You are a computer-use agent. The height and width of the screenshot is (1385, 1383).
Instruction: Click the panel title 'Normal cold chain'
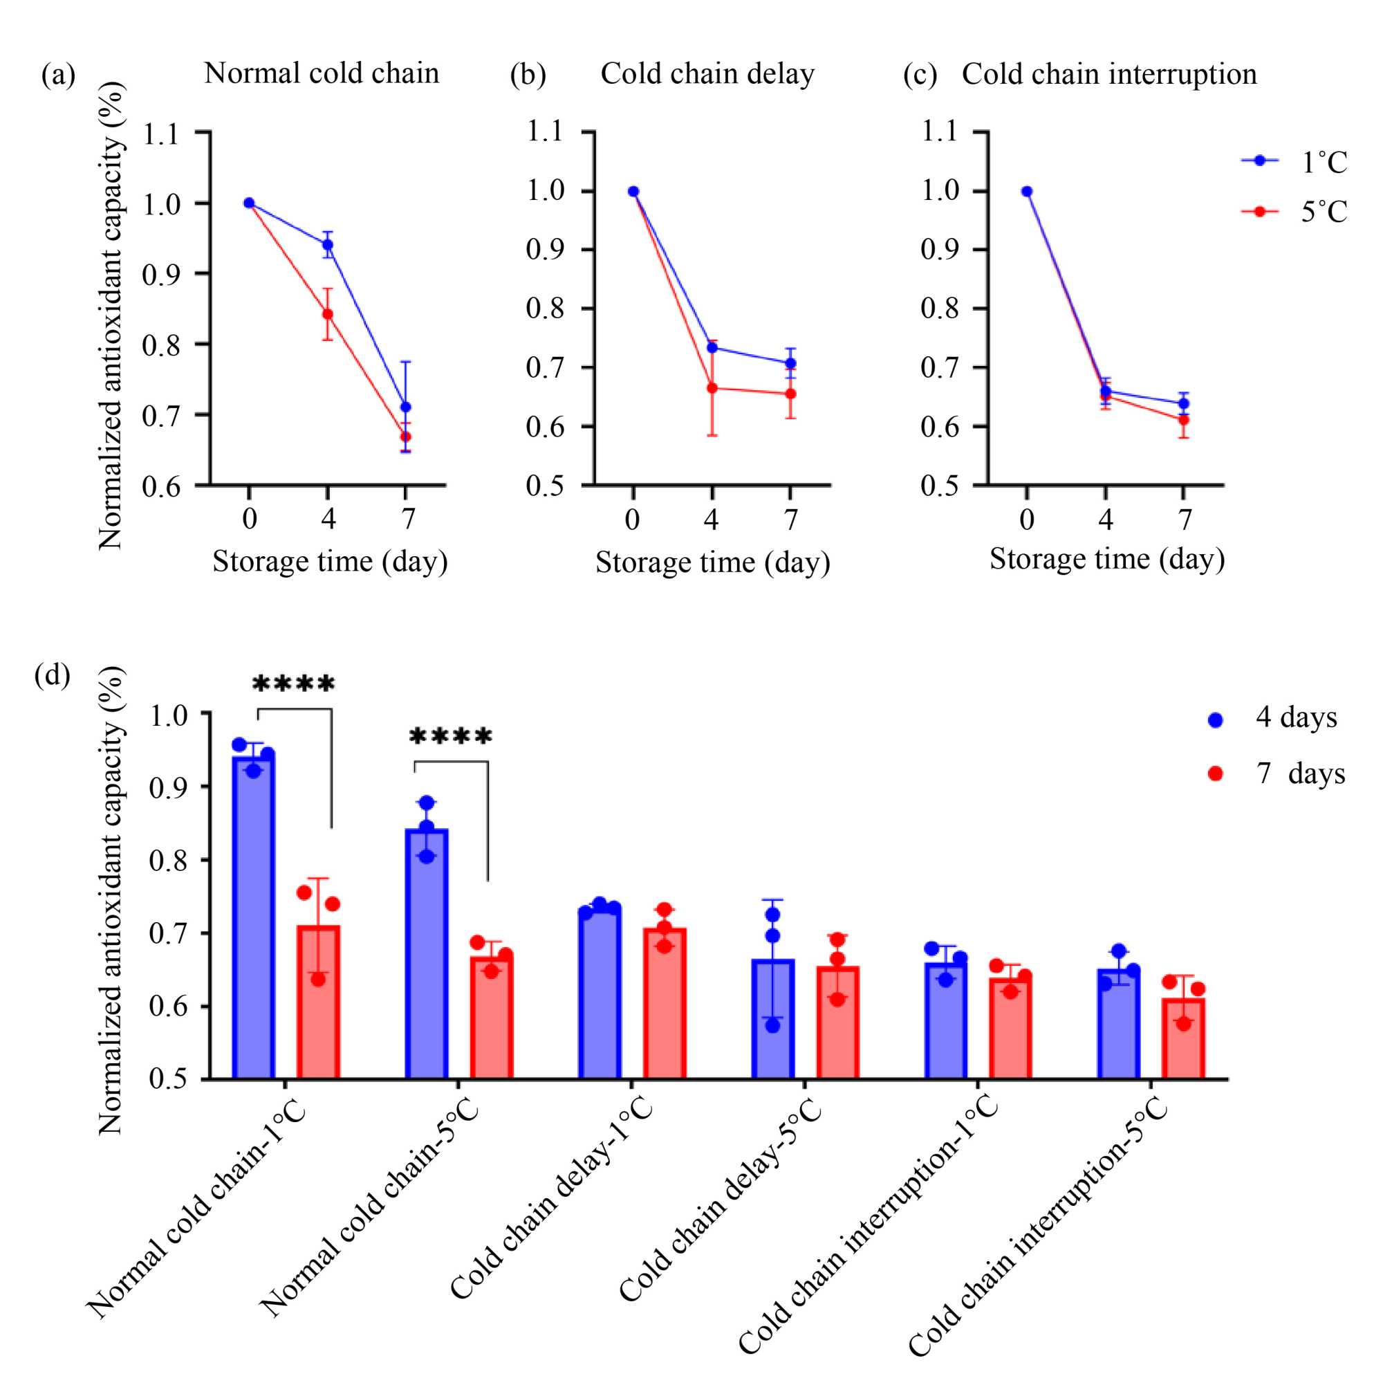pos(321,73)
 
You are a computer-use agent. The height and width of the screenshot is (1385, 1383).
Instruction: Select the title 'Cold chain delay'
pos(707,73)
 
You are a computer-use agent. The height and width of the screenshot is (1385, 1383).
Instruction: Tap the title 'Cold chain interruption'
pos(1108,74)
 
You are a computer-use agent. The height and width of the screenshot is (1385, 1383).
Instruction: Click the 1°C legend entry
pos(1294,161)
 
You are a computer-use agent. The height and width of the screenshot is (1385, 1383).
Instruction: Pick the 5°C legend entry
pos(1294,212)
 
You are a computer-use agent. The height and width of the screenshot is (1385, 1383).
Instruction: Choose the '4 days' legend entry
pos(1276,717)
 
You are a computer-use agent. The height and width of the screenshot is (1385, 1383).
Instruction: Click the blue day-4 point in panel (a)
pos(328,244)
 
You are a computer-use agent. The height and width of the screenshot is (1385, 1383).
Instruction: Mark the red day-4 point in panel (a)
pos(328,314)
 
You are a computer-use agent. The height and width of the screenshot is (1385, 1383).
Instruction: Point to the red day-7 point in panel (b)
pos(790,394)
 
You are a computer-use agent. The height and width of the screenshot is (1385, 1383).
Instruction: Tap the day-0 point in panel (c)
pos(1027,192)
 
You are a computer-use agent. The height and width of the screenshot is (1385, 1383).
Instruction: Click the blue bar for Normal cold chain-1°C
pos(254,917)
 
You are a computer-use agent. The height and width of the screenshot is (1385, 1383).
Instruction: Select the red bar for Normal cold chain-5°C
pos(492,1018)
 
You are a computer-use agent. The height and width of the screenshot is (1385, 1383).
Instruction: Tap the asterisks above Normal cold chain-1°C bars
pos(294,684)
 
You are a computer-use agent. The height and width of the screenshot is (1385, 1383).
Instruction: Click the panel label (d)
pos(53,675)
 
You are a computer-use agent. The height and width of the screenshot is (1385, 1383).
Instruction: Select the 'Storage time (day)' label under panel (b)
pos(712,562)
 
